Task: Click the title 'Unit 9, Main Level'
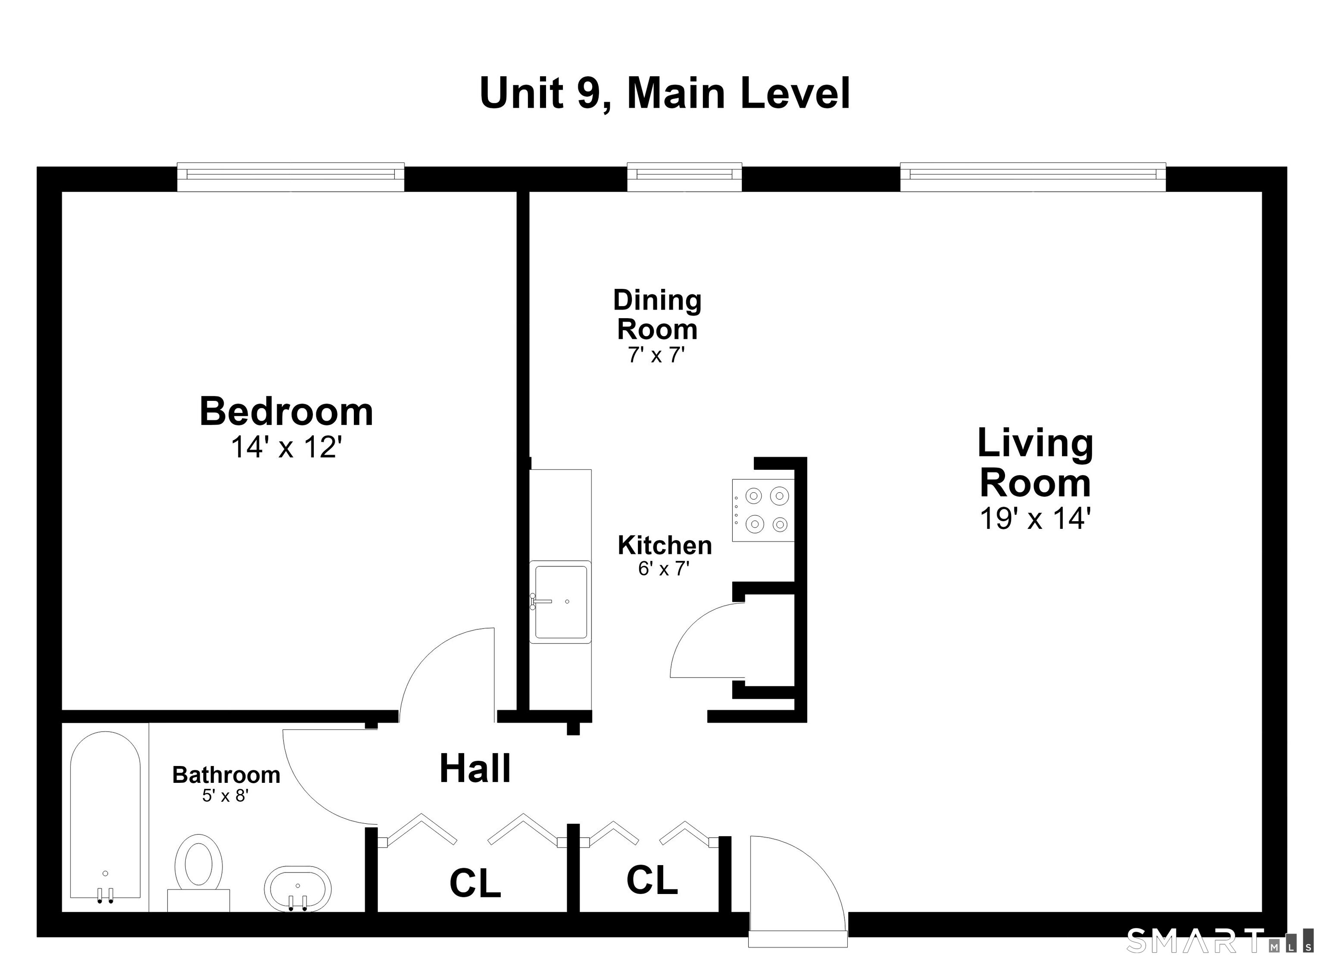pos(664,94)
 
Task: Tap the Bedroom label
pos(286,412)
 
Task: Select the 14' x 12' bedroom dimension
pos(286,448)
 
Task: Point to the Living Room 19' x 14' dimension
pos(1035,518)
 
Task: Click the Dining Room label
pos(657,315)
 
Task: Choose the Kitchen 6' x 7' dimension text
pos(664,568)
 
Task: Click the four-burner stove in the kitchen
pos(764,510)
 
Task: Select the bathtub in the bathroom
pos(105,818)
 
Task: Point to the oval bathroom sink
pos(298,888)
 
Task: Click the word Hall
pos(475,769)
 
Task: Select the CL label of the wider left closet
pos(475,883)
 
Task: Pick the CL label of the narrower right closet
pos(652,880)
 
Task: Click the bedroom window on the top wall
pos(291,177)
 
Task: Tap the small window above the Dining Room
pos(684,177)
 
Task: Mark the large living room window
pos(1033,177)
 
